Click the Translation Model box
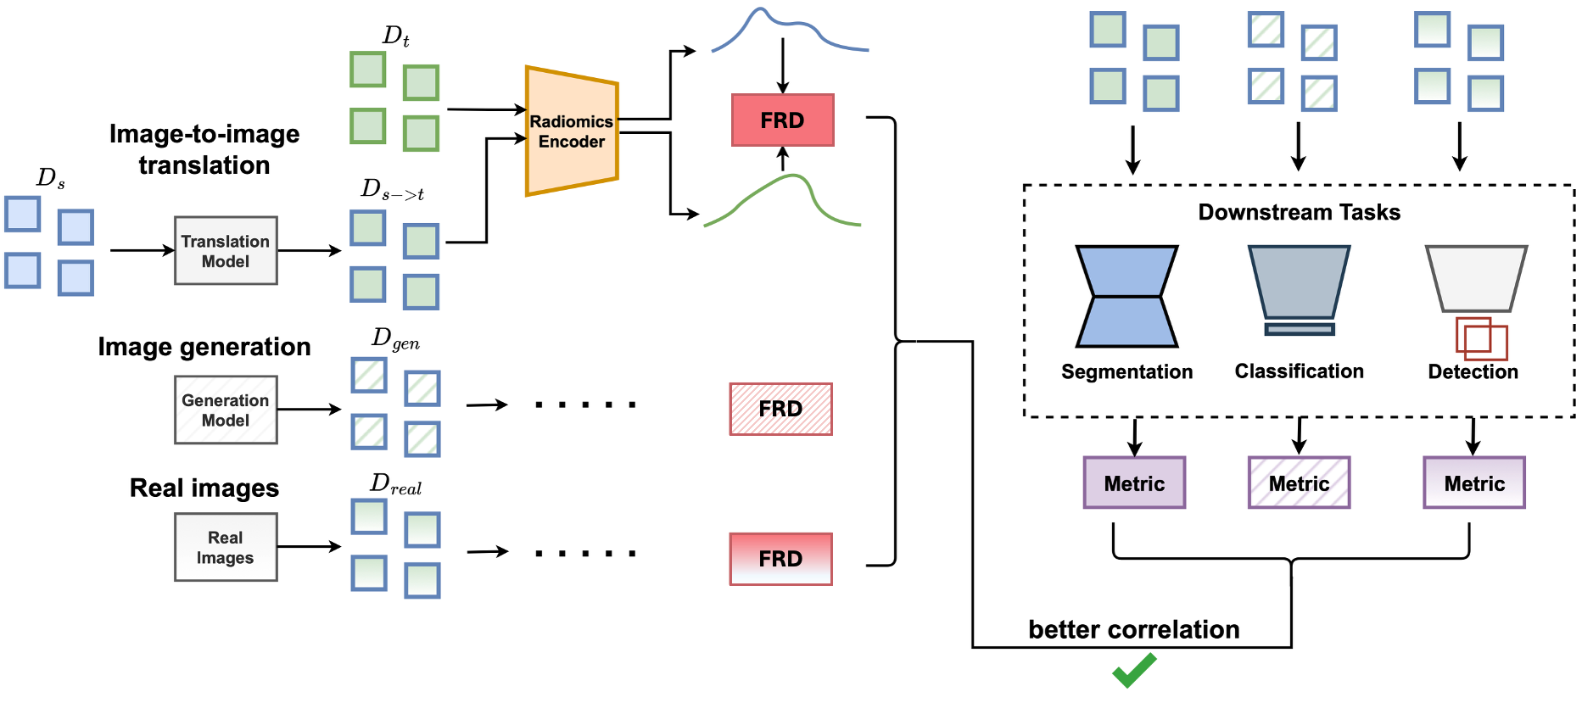coord(226,251)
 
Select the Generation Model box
coord(226,410)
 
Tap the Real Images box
coord(226,547)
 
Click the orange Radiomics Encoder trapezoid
coord(571,131)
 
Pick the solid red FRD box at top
coord(782,120)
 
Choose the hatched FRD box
coord(780,409)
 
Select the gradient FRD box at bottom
coord(780,559)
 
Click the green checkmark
coord(1134,670)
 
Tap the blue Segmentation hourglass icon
coord(1126,297)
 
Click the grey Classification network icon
coord(1299,284)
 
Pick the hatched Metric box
coord(1299,483)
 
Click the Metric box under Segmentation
coord(1134,483)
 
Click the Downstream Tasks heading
coord(1299,212)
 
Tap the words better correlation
coord(1134,629)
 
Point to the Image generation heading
coord(204,347)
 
